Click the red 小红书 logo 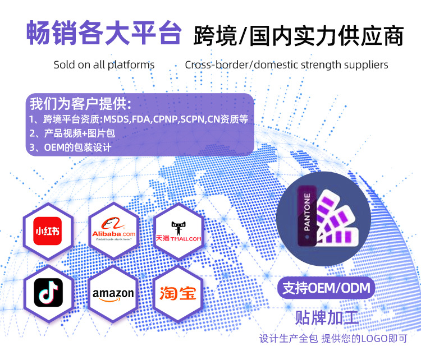48,231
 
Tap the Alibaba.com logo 113,231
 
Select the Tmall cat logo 178,231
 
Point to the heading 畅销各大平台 104,34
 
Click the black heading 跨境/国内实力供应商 298,36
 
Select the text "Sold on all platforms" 104,64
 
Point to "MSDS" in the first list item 115,119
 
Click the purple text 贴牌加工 327,317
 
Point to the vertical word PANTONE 306,213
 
